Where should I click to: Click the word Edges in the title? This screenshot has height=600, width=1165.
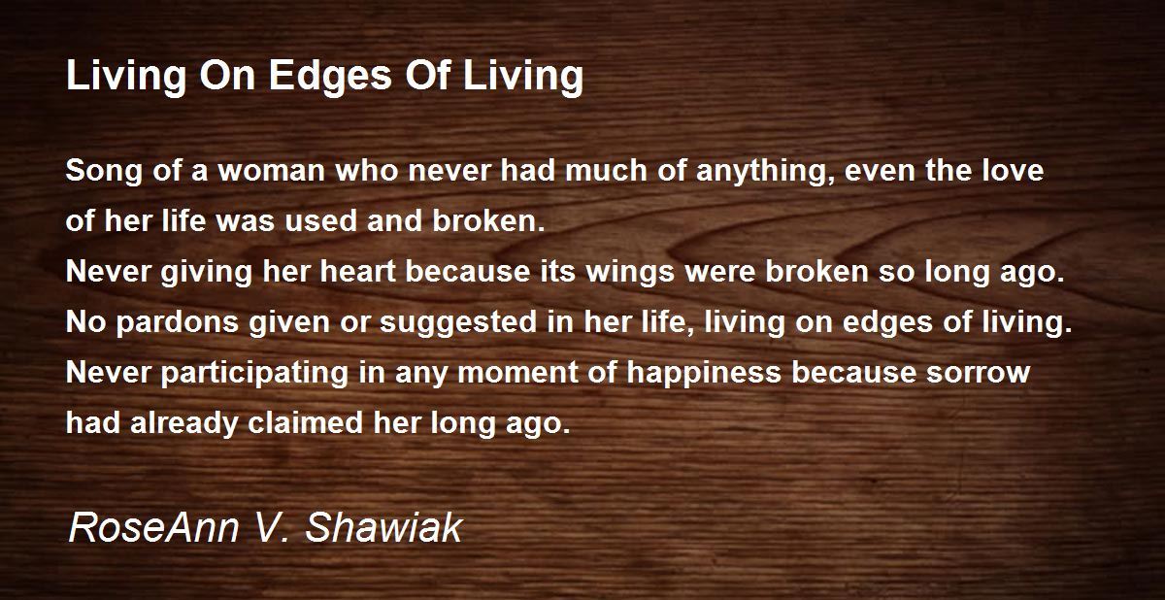click(330, 77)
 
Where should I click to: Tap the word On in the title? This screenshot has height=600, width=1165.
click(227, 76)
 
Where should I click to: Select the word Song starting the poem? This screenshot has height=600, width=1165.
click(104, 172)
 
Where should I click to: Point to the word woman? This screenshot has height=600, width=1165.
click(272, 172)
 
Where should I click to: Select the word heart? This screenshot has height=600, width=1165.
click(358, 272)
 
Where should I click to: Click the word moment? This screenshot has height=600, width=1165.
click(517, 373)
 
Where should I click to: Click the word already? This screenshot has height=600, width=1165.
click(184, 423)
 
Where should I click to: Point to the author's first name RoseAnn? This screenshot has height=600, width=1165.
click(153, 527)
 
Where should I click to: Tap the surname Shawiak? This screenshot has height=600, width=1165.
click(383, 527)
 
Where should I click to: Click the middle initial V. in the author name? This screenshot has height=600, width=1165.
click(271, 528)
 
